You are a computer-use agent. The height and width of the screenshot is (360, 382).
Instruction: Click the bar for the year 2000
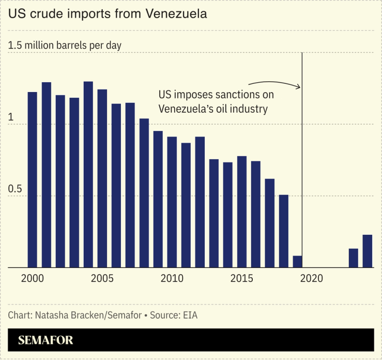[x=33, y=180]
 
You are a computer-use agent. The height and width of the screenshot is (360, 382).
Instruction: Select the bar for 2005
[x=102, y=178]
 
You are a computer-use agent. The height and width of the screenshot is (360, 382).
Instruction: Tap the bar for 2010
[x=172, y=202]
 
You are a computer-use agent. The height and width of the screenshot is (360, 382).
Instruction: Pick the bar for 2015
[x=242, y=212]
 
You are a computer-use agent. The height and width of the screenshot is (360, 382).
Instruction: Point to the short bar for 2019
[x=297, y=262]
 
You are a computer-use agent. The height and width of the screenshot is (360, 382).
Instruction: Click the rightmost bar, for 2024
[x=368, y=251]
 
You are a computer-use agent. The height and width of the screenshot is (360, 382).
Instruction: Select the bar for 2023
[x=354, y=258]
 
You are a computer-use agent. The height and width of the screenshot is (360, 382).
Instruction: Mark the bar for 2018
[x=283, y=231]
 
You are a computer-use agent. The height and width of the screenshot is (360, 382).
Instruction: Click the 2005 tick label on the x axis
[x=102, y=279]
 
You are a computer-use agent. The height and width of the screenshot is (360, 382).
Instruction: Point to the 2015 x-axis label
[x=241, y=279]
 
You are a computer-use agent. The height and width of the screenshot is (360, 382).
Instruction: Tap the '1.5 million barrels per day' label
[x=65, y=46]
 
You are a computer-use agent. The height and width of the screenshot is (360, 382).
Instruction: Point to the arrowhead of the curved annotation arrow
[x=298, y=87]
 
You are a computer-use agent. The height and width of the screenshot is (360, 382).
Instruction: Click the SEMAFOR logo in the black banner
[x=45, y=340]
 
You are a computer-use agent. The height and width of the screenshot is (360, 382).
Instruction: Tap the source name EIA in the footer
[x=190, y=314]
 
